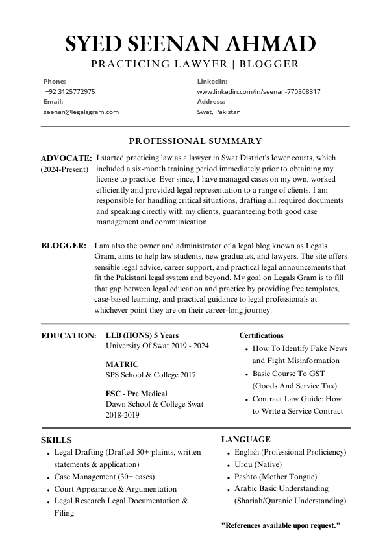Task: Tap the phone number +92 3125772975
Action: pyautogui.click(x=70, y=92)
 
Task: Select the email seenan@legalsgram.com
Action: pyautogui.click(x=81, y=112)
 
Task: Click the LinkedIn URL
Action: pyautogui.click(x=258, y=92)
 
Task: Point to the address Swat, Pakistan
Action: pyautogui.click(x=219, y=112)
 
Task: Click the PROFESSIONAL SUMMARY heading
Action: pyautogui.click(x=195, y=141)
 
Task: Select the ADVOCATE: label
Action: pyautogui.click(x=66, y=158)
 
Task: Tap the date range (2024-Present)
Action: pyautogui.click(x=65, y=169)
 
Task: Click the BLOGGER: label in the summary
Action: pyautogui.click(x=64, y=246)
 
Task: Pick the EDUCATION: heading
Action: pyautogui.click(x=69, y=335)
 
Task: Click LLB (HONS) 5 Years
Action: pyautogui.click(x=142, y=335)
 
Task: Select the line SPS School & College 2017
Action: pyautogui.click(x=151, y=375)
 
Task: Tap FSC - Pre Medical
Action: pyautogui.click(x=136, y=394)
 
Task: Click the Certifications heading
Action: pyautogui.click(x=261, y=335)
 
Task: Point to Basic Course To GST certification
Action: pyautogui.click(x=288, y=374)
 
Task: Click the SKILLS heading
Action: pyautogui.click(x=56, y=440)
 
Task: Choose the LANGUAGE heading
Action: pyautogui.click(x=246, y=440)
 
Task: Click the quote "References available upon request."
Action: pyautogui.click(x=281, y=525)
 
